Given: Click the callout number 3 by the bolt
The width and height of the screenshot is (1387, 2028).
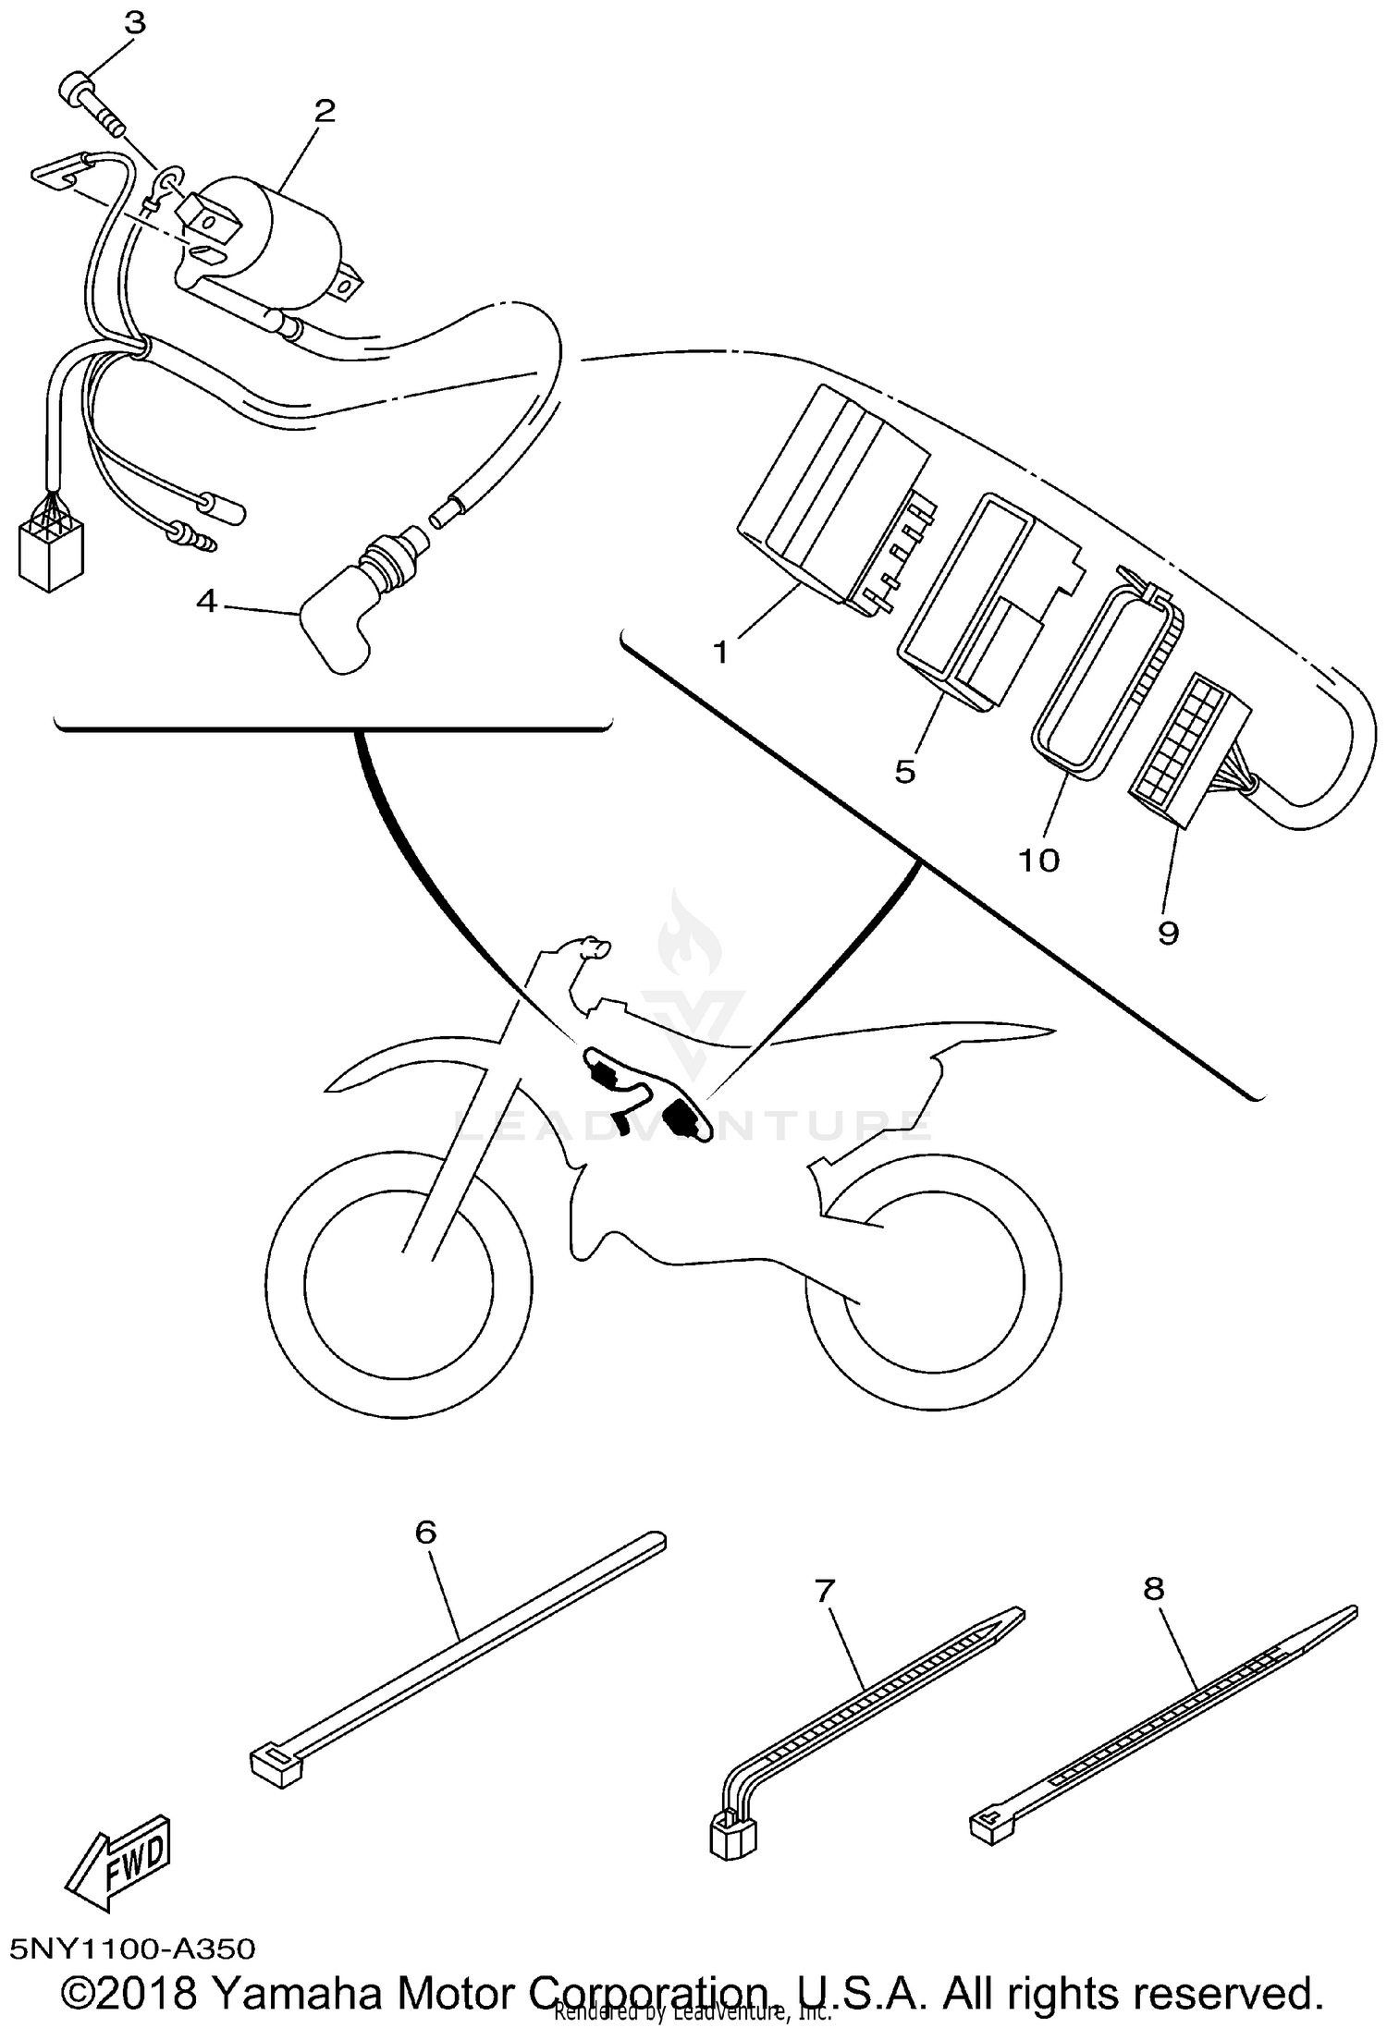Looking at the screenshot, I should pos(135,23).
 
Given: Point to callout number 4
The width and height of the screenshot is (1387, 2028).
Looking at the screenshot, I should pos(206,602).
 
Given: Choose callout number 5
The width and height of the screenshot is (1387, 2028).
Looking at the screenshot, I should pos(904,770).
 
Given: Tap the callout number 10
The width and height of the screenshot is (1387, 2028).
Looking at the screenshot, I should pos(1038,860).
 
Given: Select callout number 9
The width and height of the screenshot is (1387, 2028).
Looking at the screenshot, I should pos(1168,933).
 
